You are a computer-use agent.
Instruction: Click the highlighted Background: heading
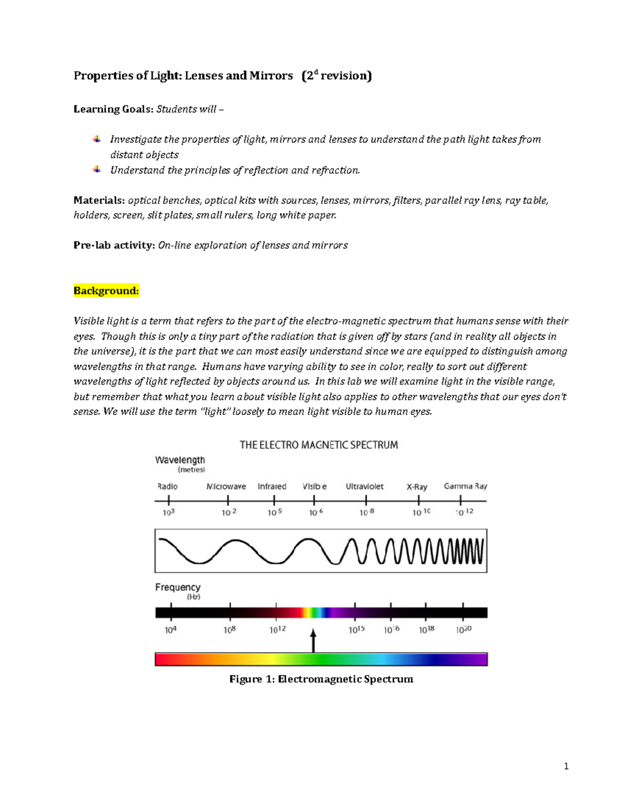(x=106, y=291)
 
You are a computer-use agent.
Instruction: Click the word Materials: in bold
(x=99, y=201)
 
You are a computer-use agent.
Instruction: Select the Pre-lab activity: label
(x=114, y=245)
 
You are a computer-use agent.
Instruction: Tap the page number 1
(x=566, y=766)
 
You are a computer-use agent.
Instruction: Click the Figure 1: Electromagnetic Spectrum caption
(x=321, y=679)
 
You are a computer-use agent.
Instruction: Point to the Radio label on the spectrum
(x=167, y=487)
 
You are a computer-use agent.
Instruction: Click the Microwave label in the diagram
(x=226, y=487)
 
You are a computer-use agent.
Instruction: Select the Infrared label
(x=272, y=487)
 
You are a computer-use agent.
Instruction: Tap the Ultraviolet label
(x=365, y=487)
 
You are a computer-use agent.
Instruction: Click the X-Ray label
(x=417, y=487)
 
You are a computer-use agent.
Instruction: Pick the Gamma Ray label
(x=465, y=486)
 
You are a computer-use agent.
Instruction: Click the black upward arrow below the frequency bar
(x=314, y=641)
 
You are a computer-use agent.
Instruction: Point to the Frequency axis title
(x=178, y=587)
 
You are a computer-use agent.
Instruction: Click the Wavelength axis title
(x=180, y=460)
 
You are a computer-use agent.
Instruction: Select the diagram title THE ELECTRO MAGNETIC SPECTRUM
(x=319, y=445)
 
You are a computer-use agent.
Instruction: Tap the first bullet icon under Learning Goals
(x=97, y=139)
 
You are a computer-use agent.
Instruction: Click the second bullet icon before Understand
(x=97, y=170)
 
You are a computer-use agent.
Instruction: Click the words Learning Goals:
(x=114, y=109)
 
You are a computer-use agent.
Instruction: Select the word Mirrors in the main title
(x=271, y=76)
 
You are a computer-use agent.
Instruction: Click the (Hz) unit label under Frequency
(x=193, y=597)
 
